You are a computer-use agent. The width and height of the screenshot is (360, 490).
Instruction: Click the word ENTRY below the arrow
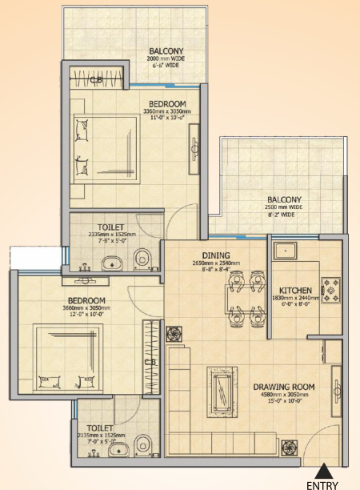(322, 484)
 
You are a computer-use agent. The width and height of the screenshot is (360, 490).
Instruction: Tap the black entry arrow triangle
(322, 471)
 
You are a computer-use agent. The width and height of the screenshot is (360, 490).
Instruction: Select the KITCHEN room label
(294, 290)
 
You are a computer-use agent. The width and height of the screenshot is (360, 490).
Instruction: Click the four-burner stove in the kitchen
(330, 289)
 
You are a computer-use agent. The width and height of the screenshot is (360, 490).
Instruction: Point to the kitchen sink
(284, 251)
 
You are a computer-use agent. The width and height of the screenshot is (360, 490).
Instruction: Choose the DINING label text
(215, 255)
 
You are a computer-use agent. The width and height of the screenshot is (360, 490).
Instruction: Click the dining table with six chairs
(245, 298)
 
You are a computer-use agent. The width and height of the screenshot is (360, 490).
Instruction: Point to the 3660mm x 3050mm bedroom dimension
(87, 308)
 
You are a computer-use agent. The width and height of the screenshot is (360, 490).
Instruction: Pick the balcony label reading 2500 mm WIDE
(284, 207)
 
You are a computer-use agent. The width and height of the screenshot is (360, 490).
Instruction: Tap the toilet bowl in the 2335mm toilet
(142, 258)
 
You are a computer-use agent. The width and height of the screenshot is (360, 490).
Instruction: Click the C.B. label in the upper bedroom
(95, 79)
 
